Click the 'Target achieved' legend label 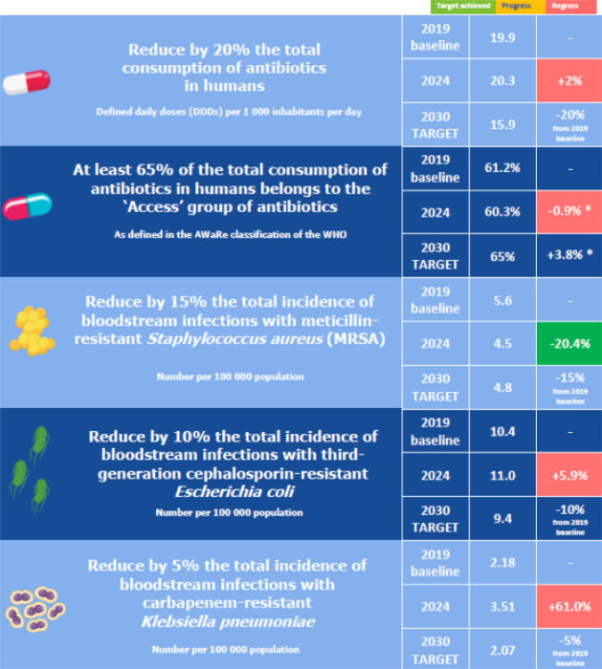coord(462,6)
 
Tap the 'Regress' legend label coord(565,6)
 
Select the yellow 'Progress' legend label coord(515,6)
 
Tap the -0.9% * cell coord(569,212)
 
